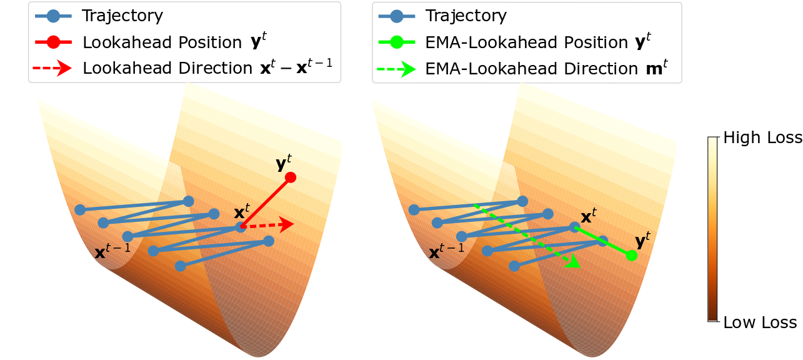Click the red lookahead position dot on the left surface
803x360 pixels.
pyautogui.click(x=291, y=177)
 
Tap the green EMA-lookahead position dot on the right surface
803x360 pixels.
pyautogui.click(x=631, y=256)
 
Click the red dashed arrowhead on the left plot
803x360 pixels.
pyautogui.click(x=286, y=224)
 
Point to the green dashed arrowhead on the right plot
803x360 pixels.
pyautogui.click(x=573, y=261)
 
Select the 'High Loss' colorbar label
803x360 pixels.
pyautogui.click(x=762, y=137)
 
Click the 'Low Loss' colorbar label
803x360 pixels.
pyautogui.click(x=760, y=322)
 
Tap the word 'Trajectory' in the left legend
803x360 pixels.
pyautogui.click(x=122, y=16)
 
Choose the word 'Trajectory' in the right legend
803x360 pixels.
pyautogui.click(x=466, y=16)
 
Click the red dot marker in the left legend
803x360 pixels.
pyautogui.click(x=53, y=42)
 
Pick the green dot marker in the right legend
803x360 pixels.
pyautogui.click(x=397, y=42)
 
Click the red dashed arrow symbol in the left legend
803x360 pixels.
pyautogui.click(x=52, y=67)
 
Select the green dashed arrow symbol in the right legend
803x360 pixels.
pyautogui.click(x=396, y=69)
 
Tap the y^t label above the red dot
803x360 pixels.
pyautogui.click(x=284, y=163)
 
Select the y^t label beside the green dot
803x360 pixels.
pyautogui.click(x=643, y=241)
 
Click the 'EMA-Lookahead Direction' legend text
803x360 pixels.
pyautogui.click(x=532, y=69)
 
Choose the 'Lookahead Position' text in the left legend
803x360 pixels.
pyautogui.click(x=162, y=42)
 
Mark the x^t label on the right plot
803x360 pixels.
pyautogui.click(x=589, y=216)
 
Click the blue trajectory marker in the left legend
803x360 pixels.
pyautogui.click(x=53, y=16)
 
